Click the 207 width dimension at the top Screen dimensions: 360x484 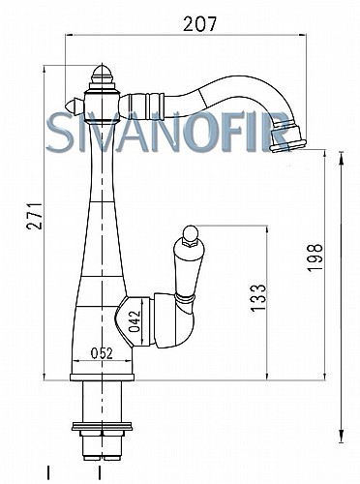pos(200,24)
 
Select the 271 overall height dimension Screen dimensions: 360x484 pos(35,216)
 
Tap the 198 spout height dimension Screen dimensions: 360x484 pos(315,257)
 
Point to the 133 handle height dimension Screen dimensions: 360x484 pos(258,297)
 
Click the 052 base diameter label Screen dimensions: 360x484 pos(102,353)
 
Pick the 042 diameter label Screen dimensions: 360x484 pos(135,321)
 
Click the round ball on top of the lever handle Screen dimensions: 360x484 pos(190,233)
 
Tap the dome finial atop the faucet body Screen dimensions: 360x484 pos(103,75)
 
